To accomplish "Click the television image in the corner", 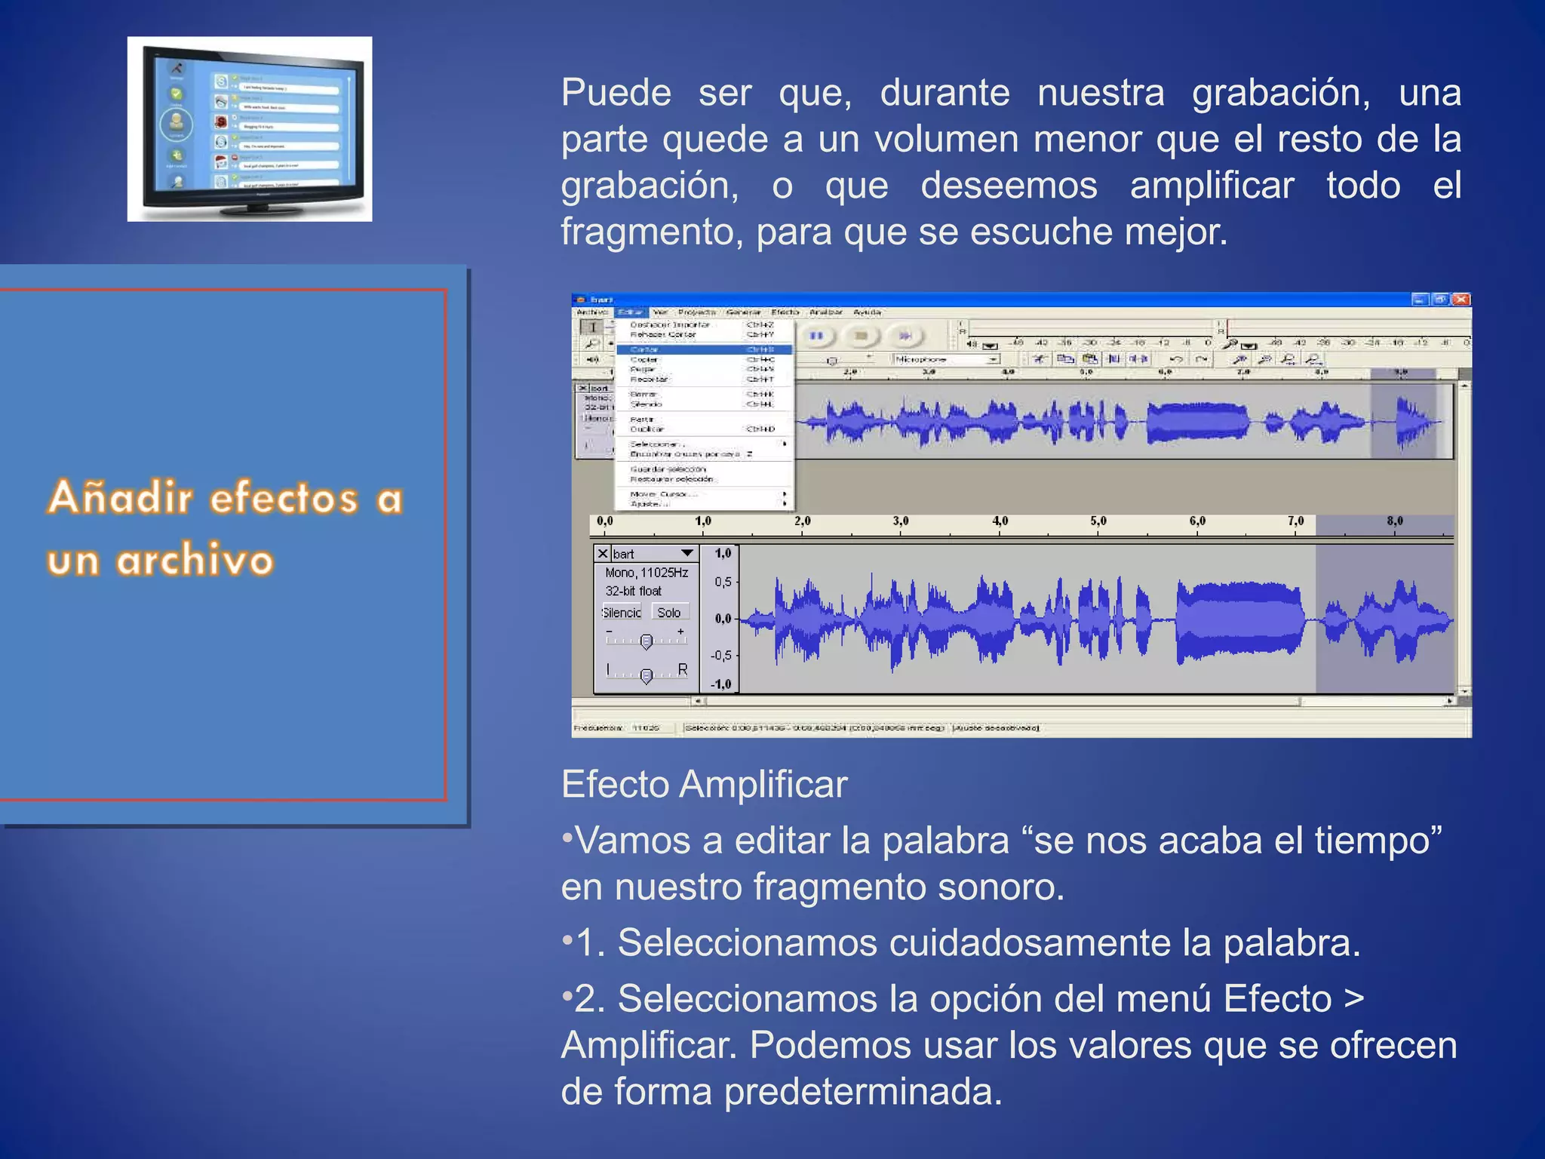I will tap(249, 129).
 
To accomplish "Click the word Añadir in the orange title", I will tap(121, 498).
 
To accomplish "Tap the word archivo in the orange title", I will tap(195, 561).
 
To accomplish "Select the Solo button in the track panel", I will tap(669, 612).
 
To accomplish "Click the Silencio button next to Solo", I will tap(622, 612).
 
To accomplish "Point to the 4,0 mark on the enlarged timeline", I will tap(1000, 521).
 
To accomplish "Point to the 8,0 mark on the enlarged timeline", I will tap(1394, 521).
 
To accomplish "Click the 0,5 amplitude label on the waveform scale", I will tap(723, 582).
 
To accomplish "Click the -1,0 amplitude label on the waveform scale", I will tap(721, 684).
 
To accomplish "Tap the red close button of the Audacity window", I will tap(1461, 300).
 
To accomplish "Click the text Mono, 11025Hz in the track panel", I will tap(647, 573).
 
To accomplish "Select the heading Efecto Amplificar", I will tap(704, 784).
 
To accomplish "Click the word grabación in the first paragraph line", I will tap(1280, 94).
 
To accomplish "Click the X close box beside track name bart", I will tap(602, 553).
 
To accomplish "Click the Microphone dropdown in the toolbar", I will tap(946, 359).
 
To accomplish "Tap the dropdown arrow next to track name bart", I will tap(686, 553).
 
